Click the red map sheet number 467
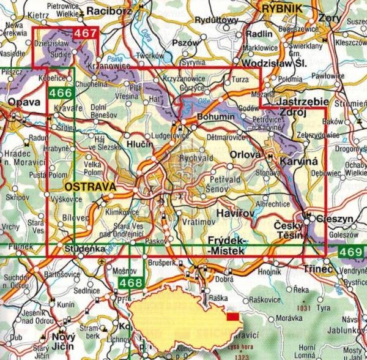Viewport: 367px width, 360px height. pos(86,34)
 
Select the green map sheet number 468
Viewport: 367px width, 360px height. pos(128,283)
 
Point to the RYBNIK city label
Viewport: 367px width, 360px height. pos(283,8)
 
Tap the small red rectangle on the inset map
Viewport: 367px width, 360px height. pos(233,317)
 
